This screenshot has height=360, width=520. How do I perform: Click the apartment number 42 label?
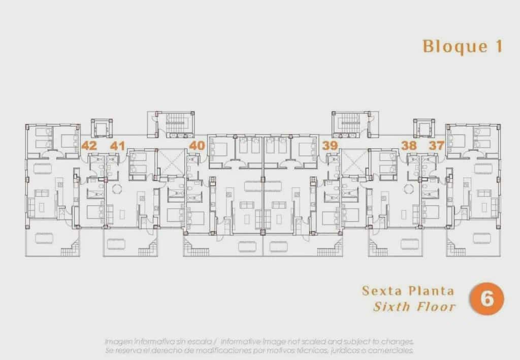(89, 146)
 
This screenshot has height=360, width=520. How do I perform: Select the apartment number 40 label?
(197, 146)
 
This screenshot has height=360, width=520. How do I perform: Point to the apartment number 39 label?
(330, 146)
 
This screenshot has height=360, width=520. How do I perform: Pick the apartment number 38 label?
(409, 146)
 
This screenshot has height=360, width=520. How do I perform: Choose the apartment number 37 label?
(436, 146)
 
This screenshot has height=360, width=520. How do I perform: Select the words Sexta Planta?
(408, 291)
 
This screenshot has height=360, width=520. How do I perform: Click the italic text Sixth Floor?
(415, 307)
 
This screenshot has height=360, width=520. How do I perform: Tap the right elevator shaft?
(423, 127)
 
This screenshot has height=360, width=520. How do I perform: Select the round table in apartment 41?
(117, 188)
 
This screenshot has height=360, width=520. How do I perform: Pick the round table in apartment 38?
(408, 188)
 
